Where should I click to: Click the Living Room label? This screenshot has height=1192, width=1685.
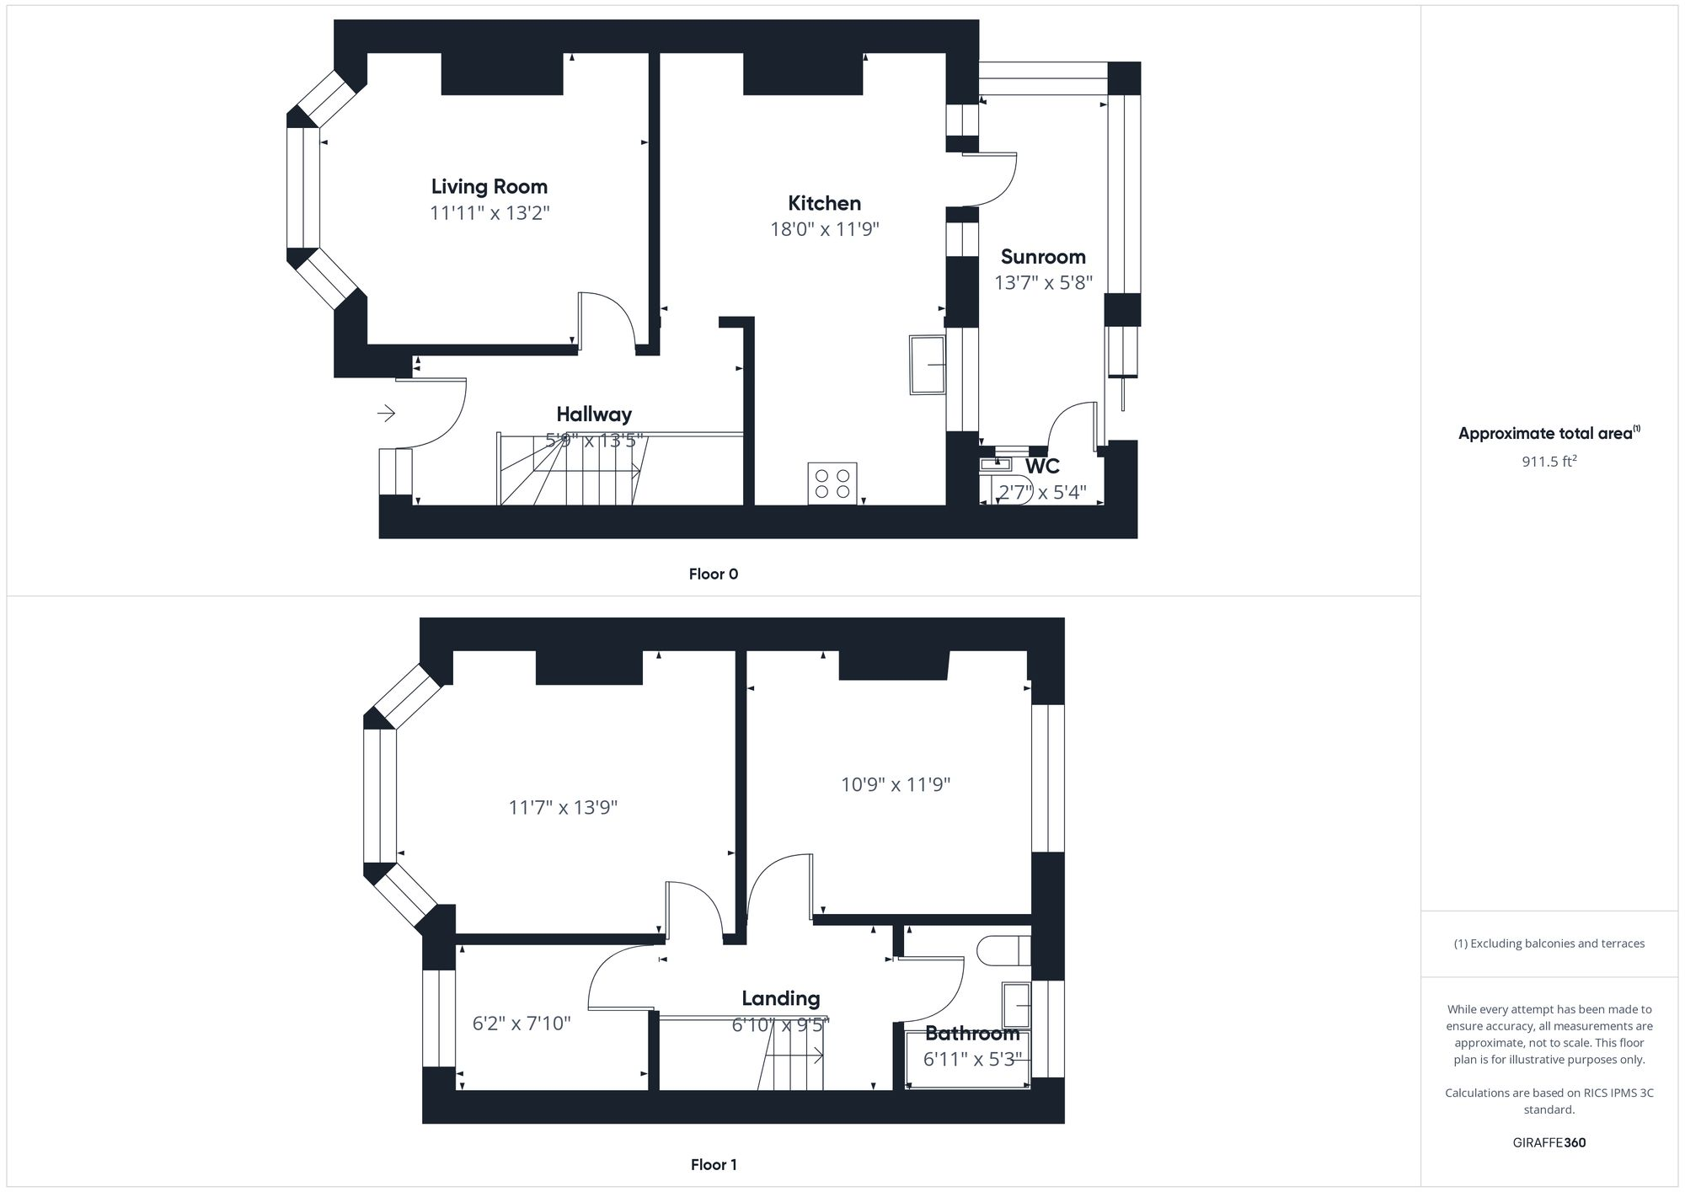489,187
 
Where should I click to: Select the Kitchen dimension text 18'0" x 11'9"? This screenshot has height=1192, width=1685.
824,229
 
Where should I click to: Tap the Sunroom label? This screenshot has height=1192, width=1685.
1043,257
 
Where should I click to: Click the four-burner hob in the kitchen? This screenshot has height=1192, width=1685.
832,484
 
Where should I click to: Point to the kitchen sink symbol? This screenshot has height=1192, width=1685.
928,364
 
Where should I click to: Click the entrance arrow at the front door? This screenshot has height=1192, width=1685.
386,413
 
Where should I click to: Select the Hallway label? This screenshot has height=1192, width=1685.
594,414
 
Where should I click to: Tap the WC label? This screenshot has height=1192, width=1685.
1042,466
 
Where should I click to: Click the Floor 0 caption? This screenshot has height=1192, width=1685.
713,575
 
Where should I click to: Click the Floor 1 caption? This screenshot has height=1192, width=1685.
714,1165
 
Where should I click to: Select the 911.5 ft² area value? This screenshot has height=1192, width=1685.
1549,462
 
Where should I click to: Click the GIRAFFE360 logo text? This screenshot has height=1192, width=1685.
1549,1143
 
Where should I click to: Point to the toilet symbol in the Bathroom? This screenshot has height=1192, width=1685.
1003,950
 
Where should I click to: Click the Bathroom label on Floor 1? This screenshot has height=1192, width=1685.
972,1034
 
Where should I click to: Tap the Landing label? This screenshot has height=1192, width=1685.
780,999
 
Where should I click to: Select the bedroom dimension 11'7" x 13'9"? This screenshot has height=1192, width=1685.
563,808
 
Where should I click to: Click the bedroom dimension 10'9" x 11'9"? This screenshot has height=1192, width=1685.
896,785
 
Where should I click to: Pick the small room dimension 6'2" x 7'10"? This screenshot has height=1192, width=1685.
522,1024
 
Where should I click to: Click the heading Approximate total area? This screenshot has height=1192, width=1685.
1546,434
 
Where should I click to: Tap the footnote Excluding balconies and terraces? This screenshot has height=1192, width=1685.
1549,943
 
